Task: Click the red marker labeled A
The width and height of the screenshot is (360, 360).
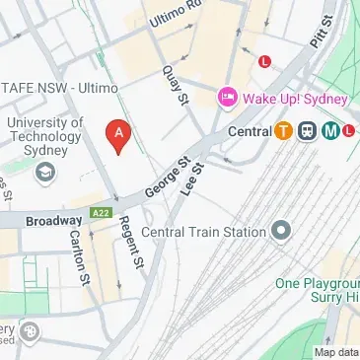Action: point(118,135)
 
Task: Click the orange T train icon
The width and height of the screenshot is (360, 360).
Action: point(283,130)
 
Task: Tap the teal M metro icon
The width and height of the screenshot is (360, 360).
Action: point(330,130)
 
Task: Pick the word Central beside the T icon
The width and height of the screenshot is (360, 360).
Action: point(248,130)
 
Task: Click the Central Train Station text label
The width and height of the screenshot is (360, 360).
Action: point(204,232)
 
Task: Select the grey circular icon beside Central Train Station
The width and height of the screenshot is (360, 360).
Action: point(281,232)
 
